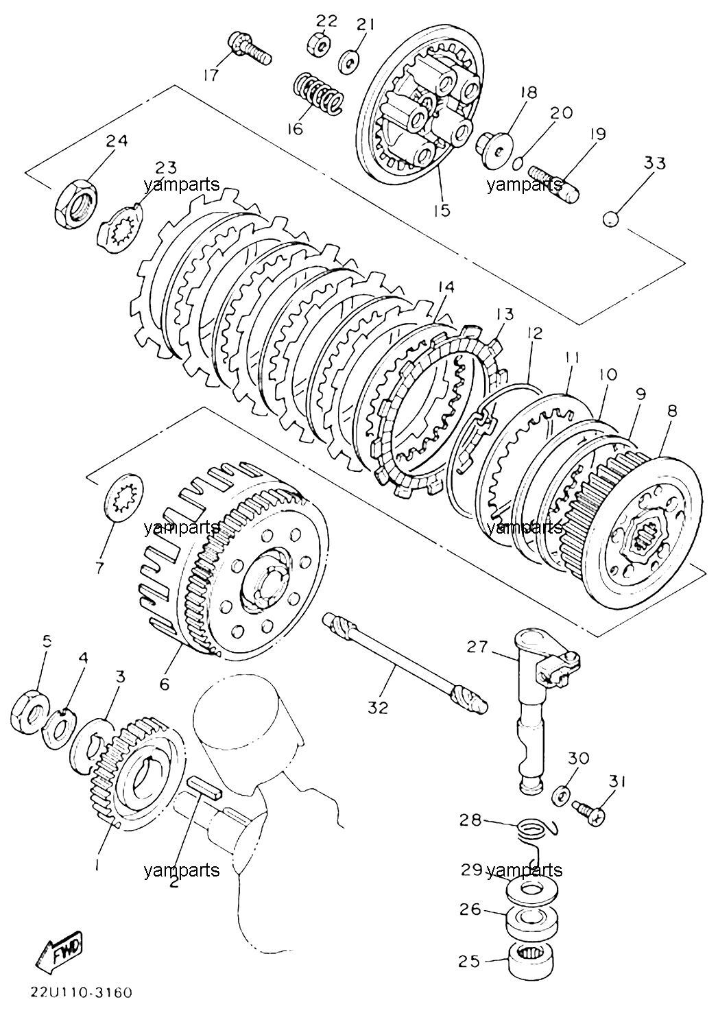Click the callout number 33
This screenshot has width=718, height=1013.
[x=655, y=163]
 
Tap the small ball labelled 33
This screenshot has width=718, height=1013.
[x=611, y=219]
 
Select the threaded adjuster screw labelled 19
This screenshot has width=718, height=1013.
[x=554, y=184]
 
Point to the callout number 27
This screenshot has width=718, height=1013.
[x=478, y=647]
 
